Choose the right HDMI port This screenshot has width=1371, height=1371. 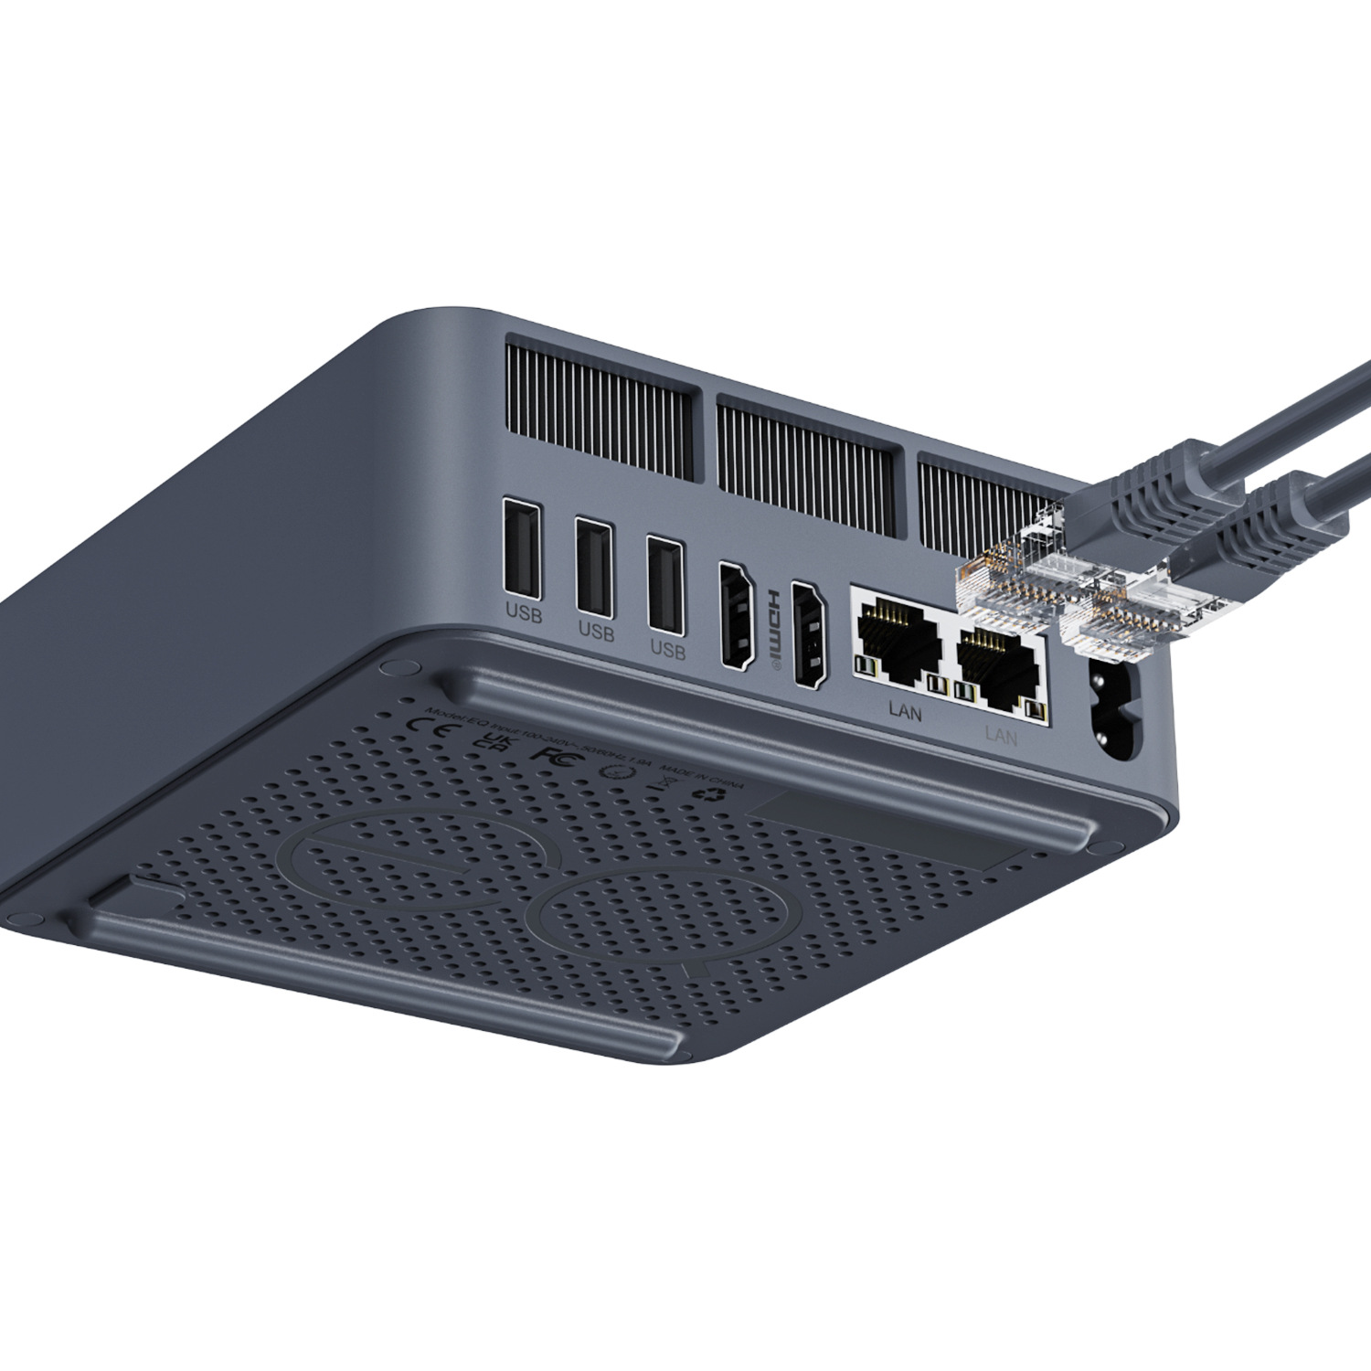(x=807, y=634)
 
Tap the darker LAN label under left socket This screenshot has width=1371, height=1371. (x=905, y=710)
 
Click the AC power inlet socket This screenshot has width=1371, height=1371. (x=1116, y=712)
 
